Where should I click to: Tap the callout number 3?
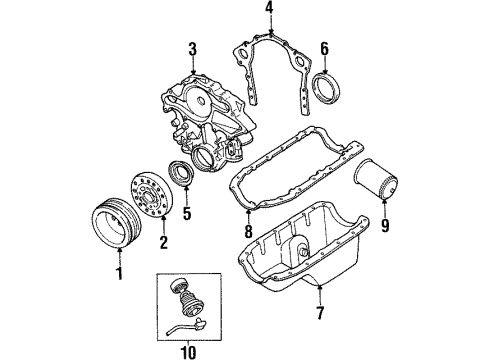pos(192,50)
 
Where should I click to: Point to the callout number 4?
pos(269,8)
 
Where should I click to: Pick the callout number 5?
pos(187,213)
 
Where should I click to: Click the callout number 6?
pos(324,48)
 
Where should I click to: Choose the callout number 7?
pos(320,313)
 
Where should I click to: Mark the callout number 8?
pos(248,231)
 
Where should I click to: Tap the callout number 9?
pos(385,225)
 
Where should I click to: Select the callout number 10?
pos(188,352)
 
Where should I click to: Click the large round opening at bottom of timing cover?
pos(203,157)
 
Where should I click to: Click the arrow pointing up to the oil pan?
pos(320,293)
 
